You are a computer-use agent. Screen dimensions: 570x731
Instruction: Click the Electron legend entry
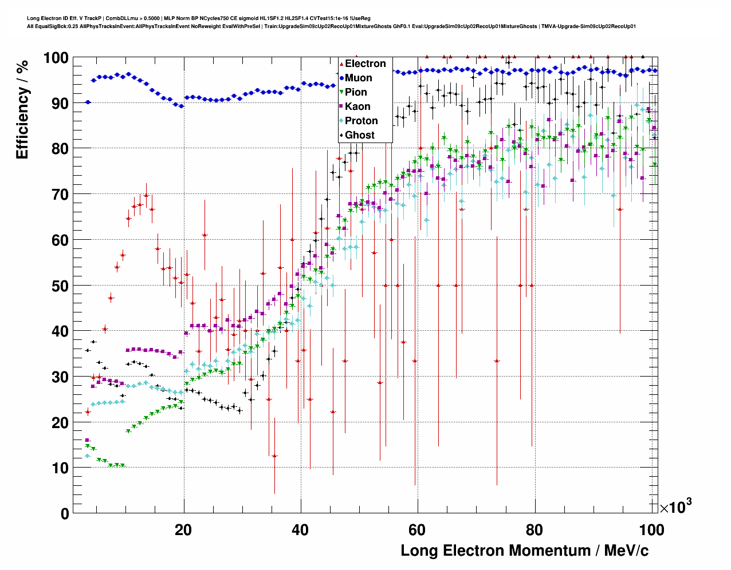[x=365, y=64]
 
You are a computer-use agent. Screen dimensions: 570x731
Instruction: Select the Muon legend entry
[x=358, y=78]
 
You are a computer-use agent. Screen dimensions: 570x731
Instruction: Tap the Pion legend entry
[x=356, y=92]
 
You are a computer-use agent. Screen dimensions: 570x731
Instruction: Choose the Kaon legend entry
[x=357, y=106]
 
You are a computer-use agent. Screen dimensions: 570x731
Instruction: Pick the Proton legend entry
[x=361, y=121]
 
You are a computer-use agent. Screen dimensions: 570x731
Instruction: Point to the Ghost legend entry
[x=359, y=135]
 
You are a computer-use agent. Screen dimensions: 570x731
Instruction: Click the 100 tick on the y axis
[x=56, y=58]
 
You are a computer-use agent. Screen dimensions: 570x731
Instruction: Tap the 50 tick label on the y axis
[x=60, y=286]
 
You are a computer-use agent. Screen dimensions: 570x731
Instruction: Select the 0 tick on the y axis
[x=65, y=513]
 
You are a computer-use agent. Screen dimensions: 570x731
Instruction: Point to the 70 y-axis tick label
[x=60, y=195]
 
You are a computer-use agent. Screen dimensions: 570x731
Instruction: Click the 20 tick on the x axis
[x=183, y=529]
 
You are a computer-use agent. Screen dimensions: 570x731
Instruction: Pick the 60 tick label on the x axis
[x=418, y=529]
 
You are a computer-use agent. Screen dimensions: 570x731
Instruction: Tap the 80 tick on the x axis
[x=535, y=529]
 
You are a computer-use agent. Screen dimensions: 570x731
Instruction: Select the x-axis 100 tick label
[x=651, y=529]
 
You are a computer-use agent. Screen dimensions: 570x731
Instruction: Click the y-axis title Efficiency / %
[x=22, y=109]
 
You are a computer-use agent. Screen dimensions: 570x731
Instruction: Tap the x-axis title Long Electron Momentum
[x=524, y=551]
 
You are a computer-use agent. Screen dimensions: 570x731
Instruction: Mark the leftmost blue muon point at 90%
[x=88, y=102]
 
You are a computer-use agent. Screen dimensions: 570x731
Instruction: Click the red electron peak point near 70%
[x=146, y=195]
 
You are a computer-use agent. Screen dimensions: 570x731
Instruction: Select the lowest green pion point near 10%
[x=111, y=466]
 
